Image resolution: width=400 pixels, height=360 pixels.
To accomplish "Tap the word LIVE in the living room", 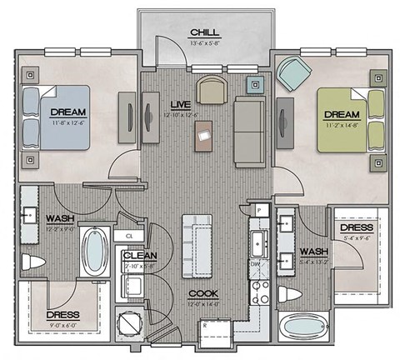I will (x=180, y=104).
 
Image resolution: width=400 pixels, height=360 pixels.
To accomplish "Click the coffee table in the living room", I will (x=205, y=134).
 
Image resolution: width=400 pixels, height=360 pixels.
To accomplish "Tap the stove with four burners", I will (x=260, y=292).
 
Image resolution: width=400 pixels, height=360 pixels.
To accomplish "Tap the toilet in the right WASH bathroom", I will (x=288, y=295).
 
